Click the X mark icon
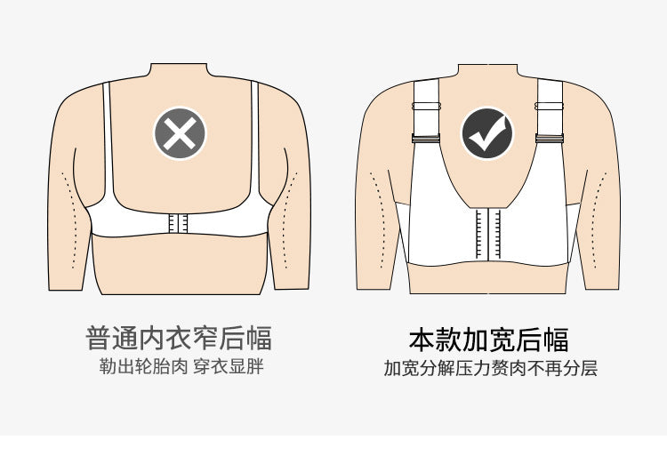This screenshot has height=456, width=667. coord(180,133)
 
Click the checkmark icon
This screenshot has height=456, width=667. coord(487,133)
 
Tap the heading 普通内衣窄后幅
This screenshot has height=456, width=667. coord(179,339)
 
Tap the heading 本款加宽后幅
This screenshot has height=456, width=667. coord(488,340)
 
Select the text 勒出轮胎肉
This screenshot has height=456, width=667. coord(143,366)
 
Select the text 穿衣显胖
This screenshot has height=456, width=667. coord(229,366)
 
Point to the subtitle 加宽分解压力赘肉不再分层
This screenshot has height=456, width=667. coord(490,368)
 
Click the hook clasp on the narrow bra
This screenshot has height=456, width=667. coord(178,223)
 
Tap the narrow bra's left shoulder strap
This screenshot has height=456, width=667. coord(108,140)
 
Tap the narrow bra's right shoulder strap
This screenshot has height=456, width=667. coord(255,140)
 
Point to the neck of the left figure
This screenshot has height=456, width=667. coord(180,71)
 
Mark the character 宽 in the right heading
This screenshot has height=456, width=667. coord(502,340)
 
